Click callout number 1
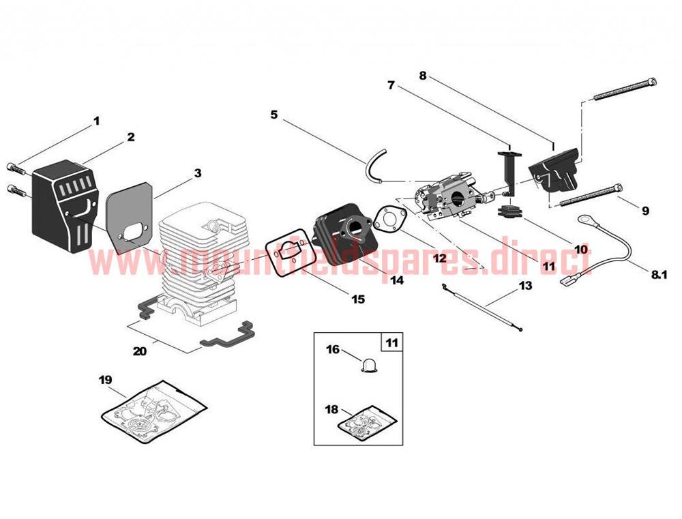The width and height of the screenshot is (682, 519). (97, 121)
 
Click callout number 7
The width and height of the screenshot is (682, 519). (391, 85)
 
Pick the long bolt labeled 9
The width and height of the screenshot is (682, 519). (590, 195)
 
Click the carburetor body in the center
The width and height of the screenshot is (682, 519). (452, 197)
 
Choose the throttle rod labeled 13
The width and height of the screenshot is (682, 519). (482, 308)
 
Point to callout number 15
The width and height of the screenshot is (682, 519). (358, 299)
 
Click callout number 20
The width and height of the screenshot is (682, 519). (140, 351)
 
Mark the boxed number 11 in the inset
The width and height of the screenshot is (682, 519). (392, 343)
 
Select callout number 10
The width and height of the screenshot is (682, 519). (580, 250)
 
